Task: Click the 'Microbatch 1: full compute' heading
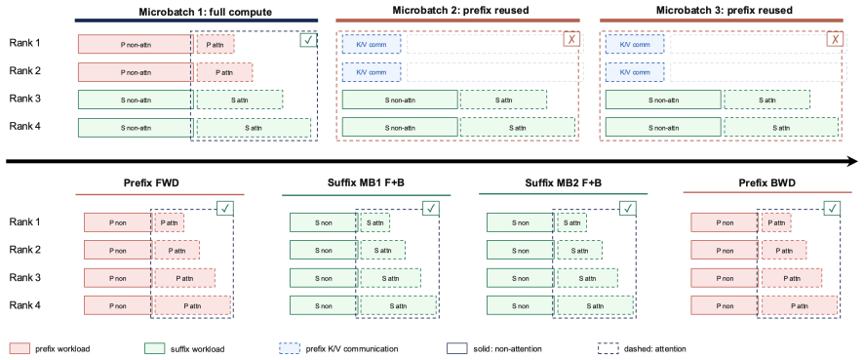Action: tap(196, 11)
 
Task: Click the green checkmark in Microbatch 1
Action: tap(308, 40)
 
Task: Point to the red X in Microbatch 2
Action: tap(571, 39)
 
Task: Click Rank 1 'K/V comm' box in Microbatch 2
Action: tap(372, 44)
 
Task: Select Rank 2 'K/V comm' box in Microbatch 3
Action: tap(635, 71)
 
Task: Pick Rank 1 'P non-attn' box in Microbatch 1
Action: tap(136, 44)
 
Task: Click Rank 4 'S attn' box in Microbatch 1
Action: tap(254, 128)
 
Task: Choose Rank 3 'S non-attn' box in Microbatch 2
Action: tap(400, 100)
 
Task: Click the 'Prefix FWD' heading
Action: tap(160, 182)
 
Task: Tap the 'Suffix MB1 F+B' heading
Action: tap(366, 182)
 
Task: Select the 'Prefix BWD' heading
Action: tap(767, 182)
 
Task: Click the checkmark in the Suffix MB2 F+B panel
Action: tap(627, 208)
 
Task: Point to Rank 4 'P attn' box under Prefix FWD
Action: tap(192, 305)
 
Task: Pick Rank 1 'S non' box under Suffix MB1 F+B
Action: tap(324, 222)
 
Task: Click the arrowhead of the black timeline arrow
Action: tap(852, 162)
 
